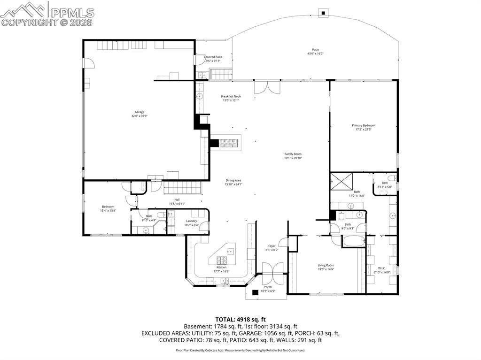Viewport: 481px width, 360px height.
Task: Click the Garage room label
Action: (140, 112)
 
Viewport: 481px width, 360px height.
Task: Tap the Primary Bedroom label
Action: (364, 125)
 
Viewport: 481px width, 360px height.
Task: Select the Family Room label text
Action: (293, 154)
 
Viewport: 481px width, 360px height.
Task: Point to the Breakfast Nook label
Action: (231, 97)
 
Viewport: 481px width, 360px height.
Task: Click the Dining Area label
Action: (233, 180)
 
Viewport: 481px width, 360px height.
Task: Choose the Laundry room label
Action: (191, 221)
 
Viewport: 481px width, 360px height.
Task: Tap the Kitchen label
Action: (221, 268)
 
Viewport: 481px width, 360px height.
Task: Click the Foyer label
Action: (272, 245)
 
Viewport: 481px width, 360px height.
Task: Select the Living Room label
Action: (326, 265)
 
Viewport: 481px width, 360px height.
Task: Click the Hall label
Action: (177, 199)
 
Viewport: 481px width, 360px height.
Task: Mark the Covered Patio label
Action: (213, 57)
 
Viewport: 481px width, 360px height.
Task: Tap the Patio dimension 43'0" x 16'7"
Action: (316, 54)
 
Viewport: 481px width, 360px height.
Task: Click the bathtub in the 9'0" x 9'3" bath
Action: (353, 241)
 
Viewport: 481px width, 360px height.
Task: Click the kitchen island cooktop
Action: (222, 259)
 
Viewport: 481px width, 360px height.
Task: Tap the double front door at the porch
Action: (272, 273)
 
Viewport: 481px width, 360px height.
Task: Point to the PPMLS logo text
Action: (71, 13)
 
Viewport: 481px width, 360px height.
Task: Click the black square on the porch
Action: (255, 292)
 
